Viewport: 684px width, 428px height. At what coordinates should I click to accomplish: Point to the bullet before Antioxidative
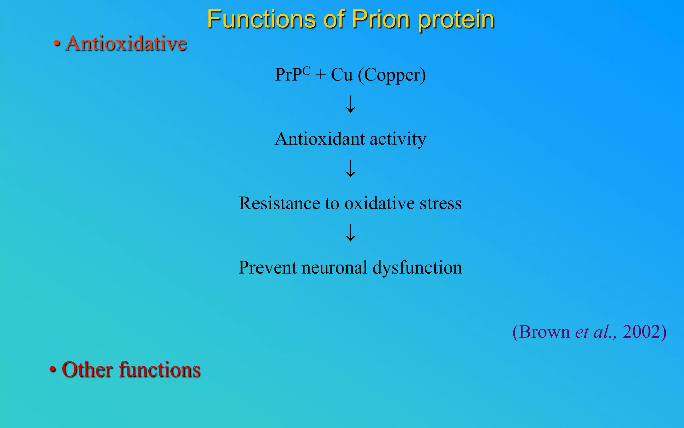tap(57, 44)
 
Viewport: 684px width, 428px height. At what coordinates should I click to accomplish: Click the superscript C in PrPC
tap(306, 71)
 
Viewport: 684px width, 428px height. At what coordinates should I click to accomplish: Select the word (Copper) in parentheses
tap(392, 75)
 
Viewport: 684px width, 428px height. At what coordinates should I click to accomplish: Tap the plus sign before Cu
tap(320, 75)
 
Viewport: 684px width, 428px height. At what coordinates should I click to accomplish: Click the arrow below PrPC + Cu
tap(350, 104)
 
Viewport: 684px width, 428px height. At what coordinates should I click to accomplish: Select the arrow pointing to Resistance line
tap(350, 168)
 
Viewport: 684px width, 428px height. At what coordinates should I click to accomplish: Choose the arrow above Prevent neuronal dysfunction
tap(350, 233)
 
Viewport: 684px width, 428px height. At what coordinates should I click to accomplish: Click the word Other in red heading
tap(87, 370)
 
